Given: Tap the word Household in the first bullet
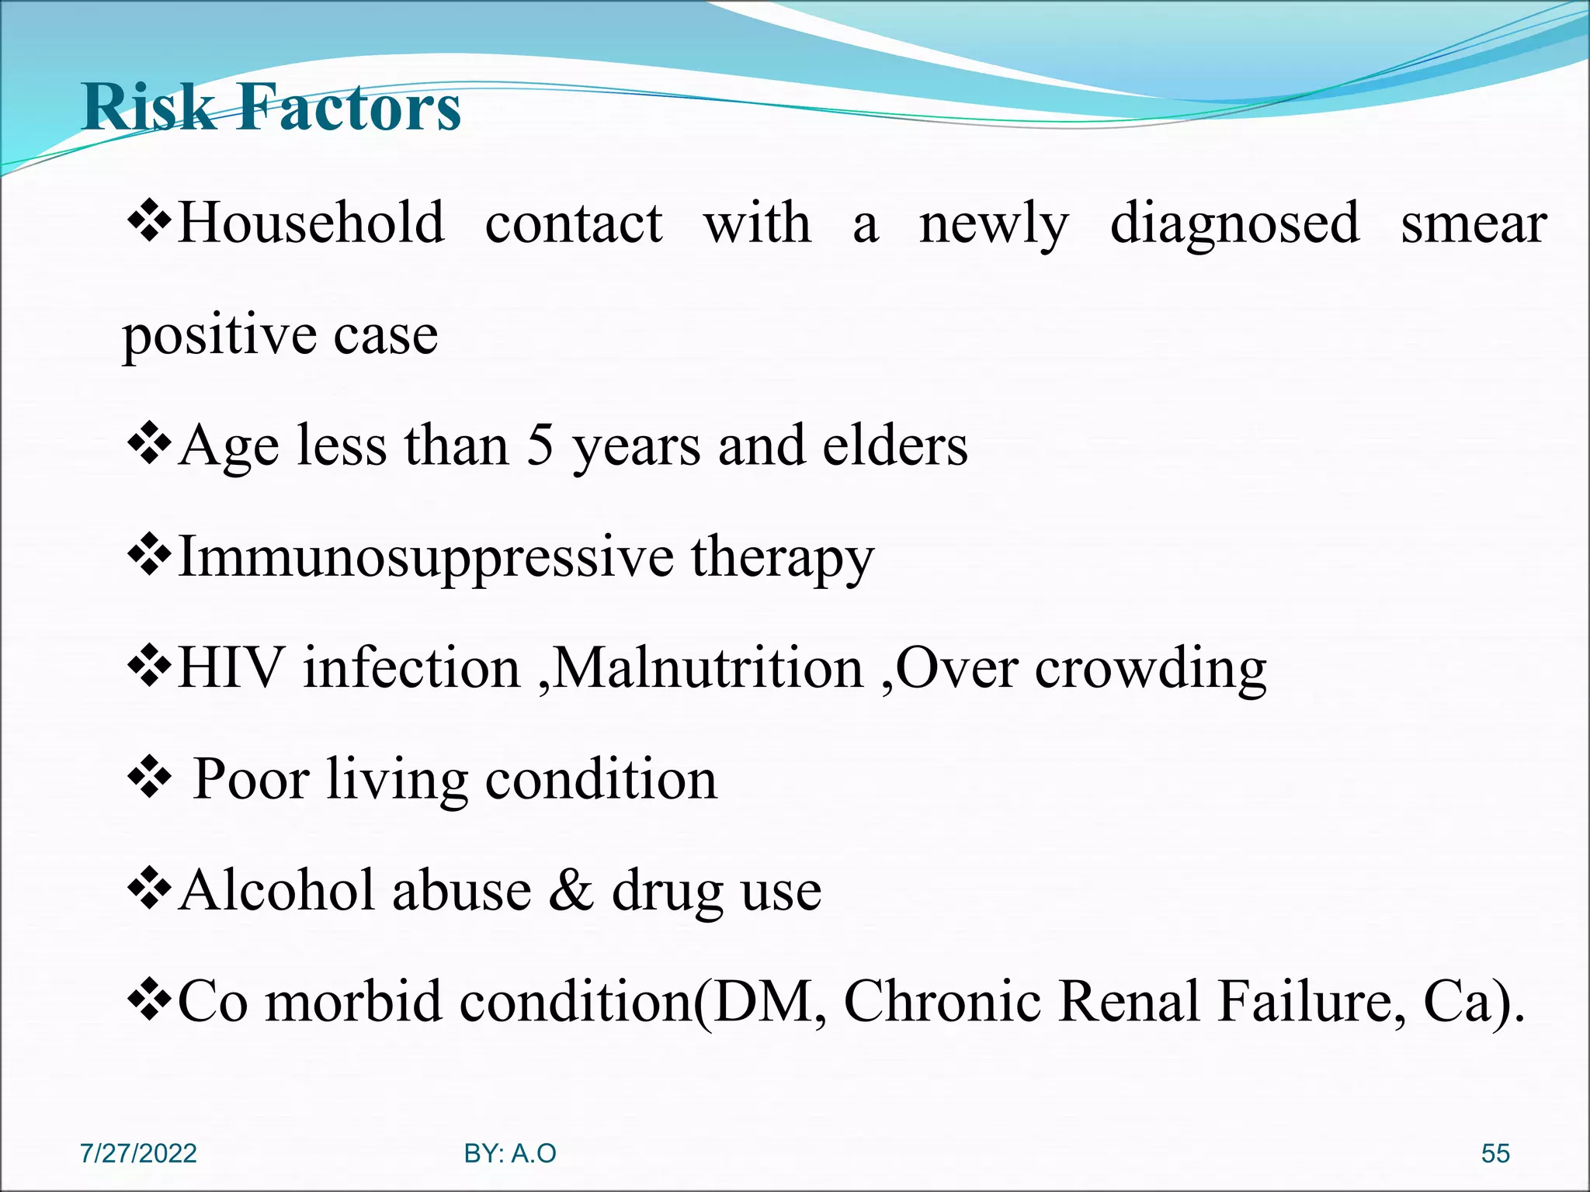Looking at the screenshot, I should [311, 223].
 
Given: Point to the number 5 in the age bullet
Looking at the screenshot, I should [540, 446].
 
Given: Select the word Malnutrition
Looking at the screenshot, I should [708, 668].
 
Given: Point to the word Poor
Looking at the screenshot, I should [251, 779].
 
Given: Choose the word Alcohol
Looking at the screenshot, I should [277, 890].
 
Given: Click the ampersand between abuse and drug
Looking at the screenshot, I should [571, 890].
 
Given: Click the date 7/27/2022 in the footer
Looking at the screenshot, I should [138, 1154].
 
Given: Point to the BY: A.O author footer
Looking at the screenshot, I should [510, 1154].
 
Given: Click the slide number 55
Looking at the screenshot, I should [1495, 1154].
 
